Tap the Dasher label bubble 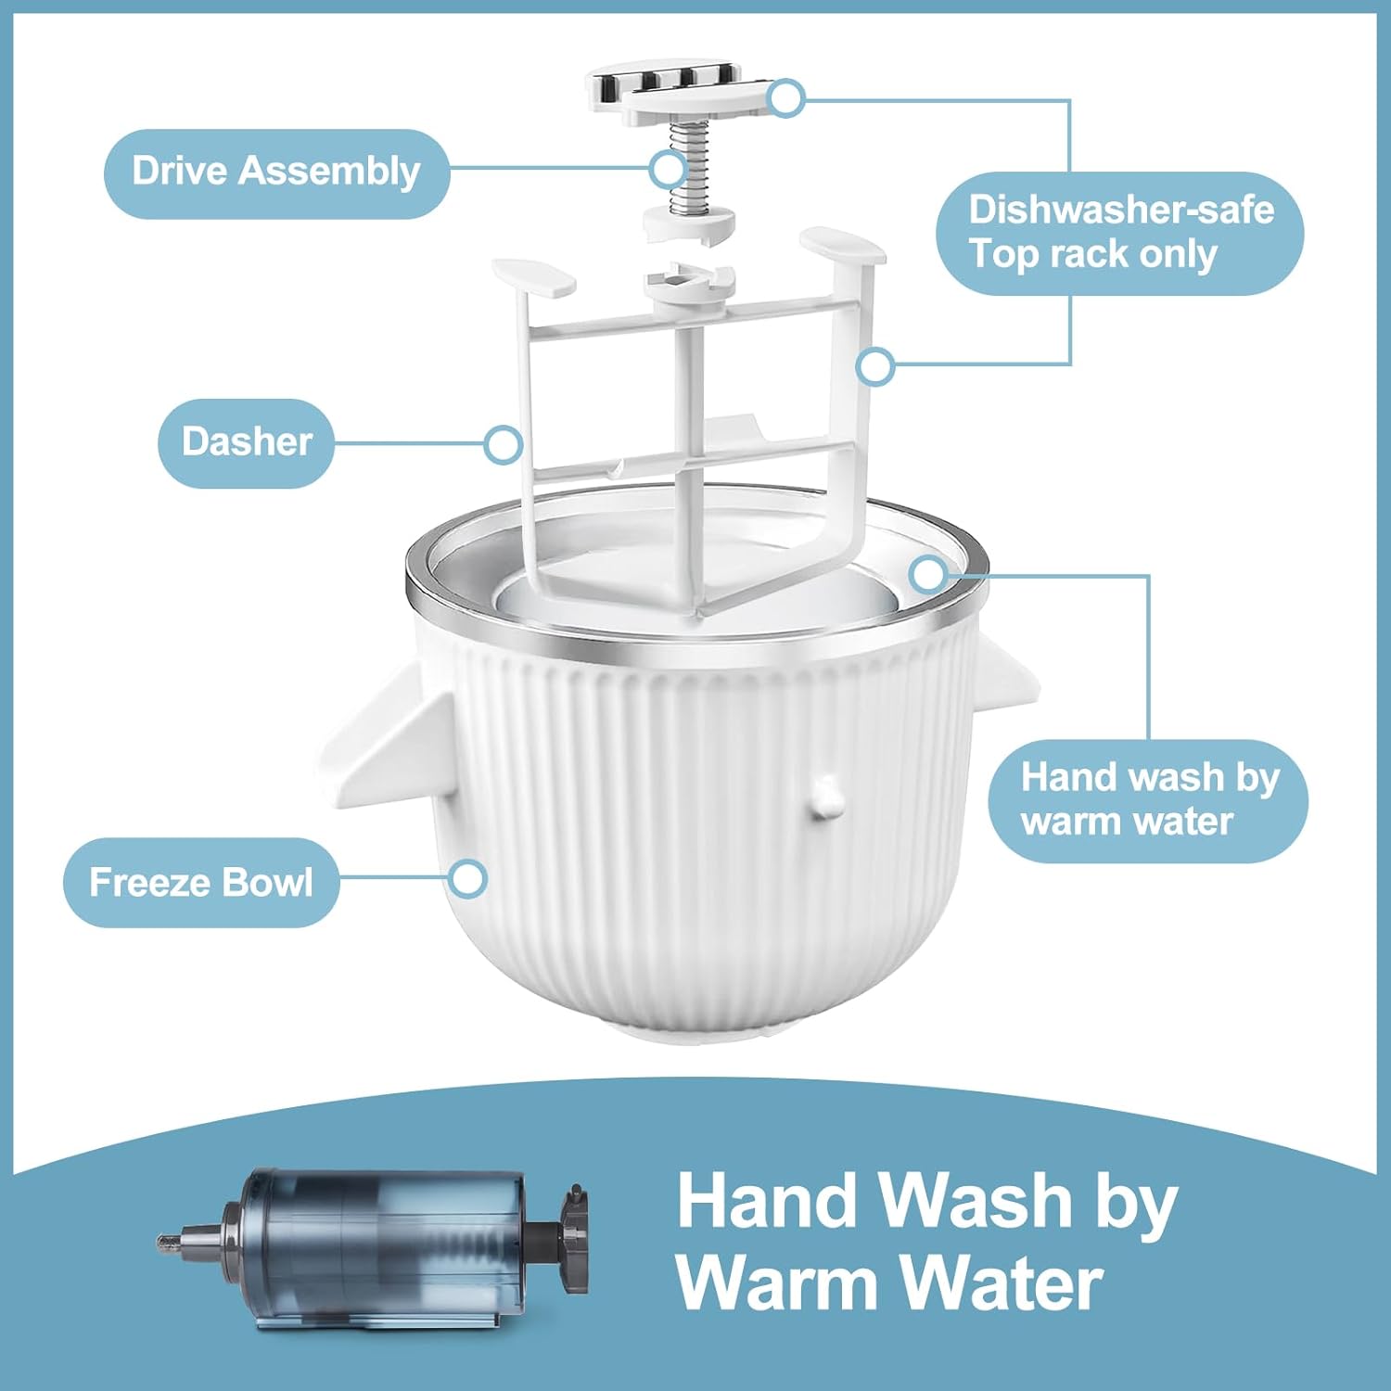click(x=246, y=442)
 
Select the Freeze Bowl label click(x=200, y=882)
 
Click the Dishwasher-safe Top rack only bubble click(x=1119, y=233)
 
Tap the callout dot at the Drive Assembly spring click(x=668, y=170)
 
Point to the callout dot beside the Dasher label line click(x=503, y=445)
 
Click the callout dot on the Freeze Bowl click(x=467, y=877)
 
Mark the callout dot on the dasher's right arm click(x=874, y=366)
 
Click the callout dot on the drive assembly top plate click(x=786, y=97)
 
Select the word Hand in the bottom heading click(x=770, y=1201)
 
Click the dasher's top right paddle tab click(x=842, y=244)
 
